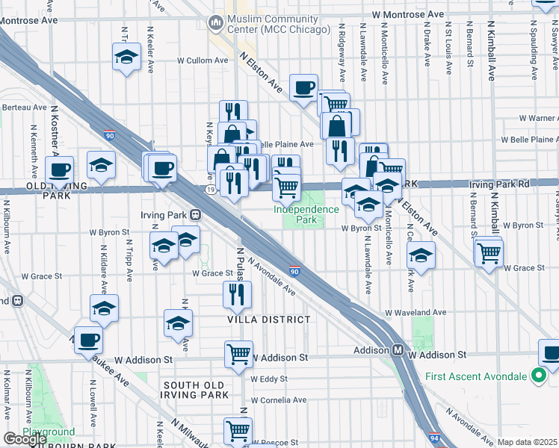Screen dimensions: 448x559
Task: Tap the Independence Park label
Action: coord(306,215)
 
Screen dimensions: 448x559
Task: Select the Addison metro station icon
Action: coord(399,350)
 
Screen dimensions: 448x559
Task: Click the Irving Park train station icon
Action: coord(195,214)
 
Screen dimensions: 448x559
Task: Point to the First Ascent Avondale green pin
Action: coord(537,375)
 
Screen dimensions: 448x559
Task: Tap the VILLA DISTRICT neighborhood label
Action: coord(269,320)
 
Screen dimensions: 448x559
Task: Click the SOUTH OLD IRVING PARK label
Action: coord(196,389)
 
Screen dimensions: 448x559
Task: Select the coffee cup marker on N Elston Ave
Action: coord(303,87)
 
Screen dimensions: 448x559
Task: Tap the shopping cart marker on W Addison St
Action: coord(238,354)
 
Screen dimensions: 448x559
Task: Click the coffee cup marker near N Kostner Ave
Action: coord(59,169)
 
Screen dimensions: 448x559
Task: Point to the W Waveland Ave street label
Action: coord(416,313)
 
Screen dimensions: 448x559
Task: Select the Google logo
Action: coord(25,439)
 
